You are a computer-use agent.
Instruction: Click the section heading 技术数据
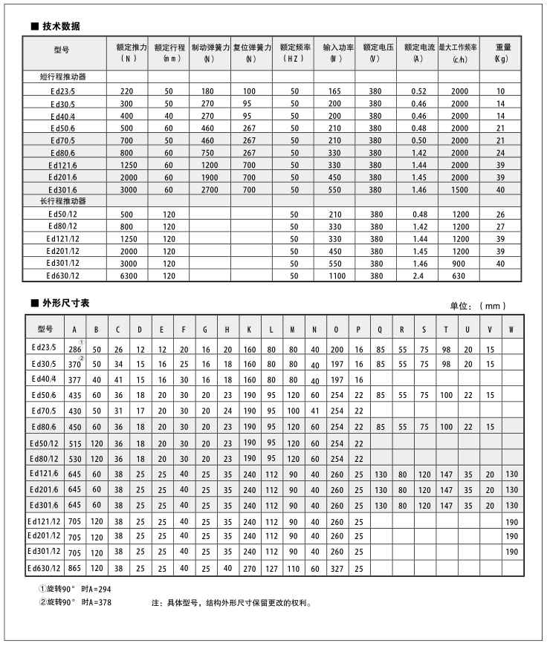click(x=60, y=26)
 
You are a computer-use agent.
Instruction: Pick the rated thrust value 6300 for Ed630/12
click(x=127, y=275)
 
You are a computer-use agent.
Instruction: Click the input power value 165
click(x=334, y=91)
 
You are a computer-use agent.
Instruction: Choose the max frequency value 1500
click(x=460, y=190)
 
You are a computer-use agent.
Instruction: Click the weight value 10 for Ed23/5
click(x=500, y=91)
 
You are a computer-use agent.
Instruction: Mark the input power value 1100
click(x=336, y=275)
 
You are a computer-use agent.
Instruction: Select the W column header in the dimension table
click(x=511, y=329)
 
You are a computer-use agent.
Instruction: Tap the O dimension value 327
click(x=337, y=568)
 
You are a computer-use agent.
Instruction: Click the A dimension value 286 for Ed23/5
click(x=74, y=348)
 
